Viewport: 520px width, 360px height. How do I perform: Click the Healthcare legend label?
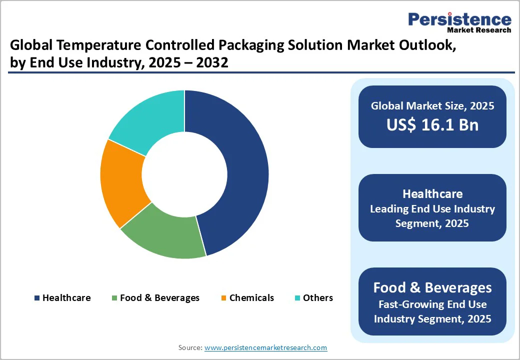coord(66,298)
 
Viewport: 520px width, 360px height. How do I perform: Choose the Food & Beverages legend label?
coord(159,298)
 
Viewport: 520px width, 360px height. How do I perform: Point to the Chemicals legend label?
coord(251,298)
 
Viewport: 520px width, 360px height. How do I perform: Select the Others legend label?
coord(318,298)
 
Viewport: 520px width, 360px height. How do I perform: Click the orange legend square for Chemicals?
coord(224,298)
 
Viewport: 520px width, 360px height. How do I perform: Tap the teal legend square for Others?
coord(297,298)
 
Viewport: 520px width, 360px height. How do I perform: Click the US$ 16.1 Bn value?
coord(432,125)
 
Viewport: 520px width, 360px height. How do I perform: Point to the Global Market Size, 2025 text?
coord(432,106)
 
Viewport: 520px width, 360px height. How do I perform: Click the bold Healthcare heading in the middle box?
coord(432,194)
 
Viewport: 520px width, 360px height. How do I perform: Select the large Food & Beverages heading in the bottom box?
coord(432,287)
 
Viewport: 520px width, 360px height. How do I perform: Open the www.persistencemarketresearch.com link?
coord(265,347)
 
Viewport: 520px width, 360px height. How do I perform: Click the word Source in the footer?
coord(190,347)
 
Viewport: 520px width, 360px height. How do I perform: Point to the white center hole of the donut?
coord(184,174)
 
